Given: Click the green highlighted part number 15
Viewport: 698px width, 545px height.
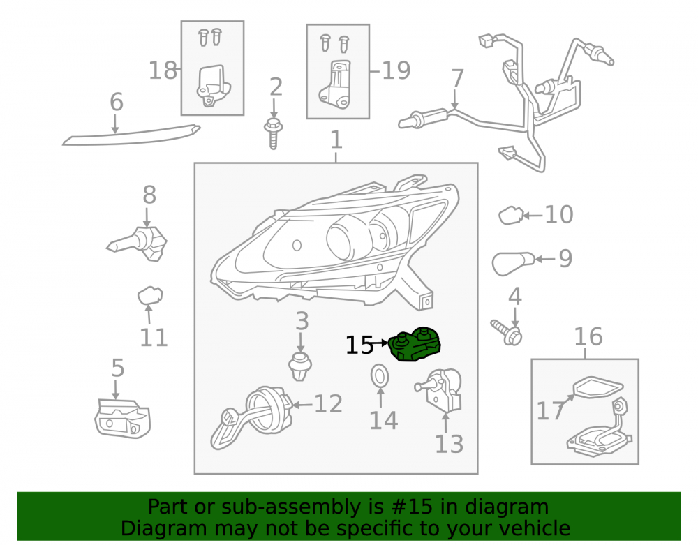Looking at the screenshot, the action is point(415,345).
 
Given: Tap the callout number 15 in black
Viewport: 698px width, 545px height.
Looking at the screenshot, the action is point(359,345).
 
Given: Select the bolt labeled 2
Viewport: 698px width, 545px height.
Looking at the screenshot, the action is point(274,133).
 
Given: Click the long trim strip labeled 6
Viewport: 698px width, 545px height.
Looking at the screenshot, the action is point(131,135).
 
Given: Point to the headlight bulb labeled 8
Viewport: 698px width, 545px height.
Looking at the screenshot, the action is point(137,244).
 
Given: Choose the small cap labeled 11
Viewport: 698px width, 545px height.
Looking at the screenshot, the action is point(150,295).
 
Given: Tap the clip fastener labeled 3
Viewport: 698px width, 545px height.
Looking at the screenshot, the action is point(299,366).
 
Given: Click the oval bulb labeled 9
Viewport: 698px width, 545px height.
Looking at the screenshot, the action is point(513,263).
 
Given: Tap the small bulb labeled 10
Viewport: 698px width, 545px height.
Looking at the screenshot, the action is point(511,216).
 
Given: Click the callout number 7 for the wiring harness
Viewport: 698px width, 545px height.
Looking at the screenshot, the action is point(457,78).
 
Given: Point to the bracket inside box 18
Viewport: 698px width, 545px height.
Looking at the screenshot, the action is point(213,86).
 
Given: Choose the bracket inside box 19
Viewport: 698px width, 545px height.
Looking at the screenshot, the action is point(335,84).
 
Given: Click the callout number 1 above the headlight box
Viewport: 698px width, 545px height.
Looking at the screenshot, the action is point(336,140).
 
